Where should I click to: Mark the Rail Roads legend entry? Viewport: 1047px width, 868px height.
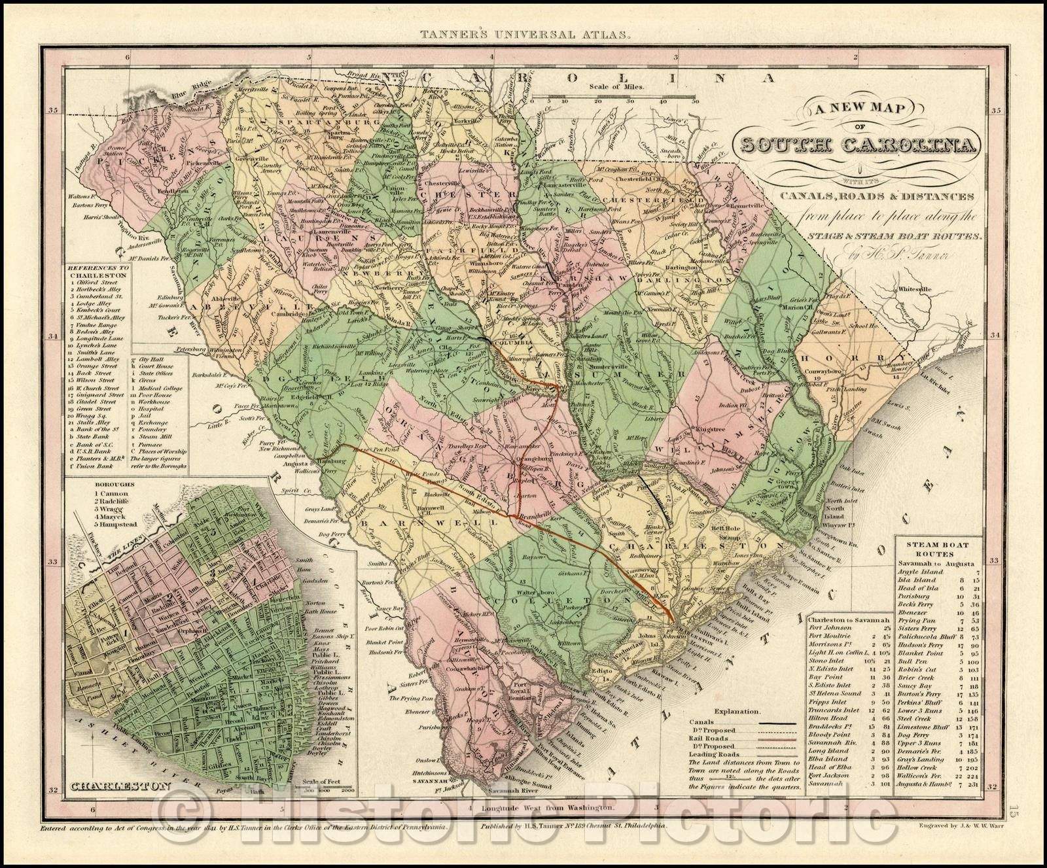(709, 739)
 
